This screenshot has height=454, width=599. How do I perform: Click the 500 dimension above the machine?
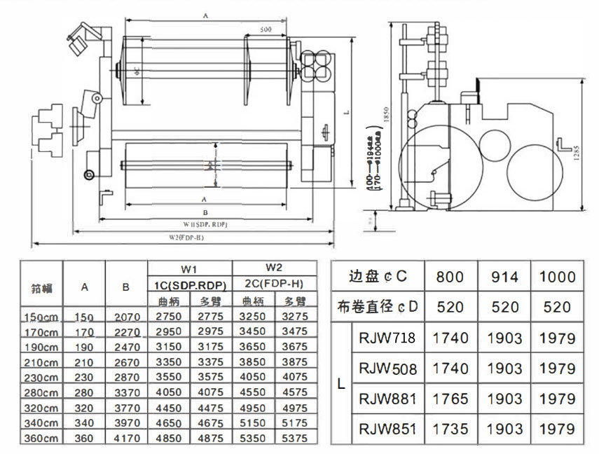tap(266, 30)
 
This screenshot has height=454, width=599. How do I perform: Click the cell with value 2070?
tap(126, 317)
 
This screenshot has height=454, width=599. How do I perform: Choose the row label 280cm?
tap(40, 393)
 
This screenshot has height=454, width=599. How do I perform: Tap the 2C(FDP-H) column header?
tap(274, 284)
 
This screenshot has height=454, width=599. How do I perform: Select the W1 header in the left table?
tap(189, 268)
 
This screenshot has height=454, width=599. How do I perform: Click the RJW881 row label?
tap(387, 399)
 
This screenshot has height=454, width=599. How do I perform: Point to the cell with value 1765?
tap(450, 399)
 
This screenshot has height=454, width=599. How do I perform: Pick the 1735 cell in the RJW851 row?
tap(450, 429)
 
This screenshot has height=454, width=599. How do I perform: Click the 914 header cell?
tap(504, 277)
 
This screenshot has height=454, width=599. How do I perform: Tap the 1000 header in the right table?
tap(557, 277)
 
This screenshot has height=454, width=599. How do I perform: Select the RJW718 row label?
tap(387, 338)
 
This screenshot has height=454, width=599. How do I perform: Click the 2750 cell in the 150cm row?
tap(167, 317)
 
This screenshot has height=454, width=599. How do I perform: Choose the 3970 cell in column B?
tap(126, 423)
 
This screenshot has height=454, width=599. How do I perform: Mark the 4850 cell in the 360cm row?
tap(167, 439)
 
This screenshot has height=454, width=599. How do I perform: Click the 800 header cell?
tap(450, 277)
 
